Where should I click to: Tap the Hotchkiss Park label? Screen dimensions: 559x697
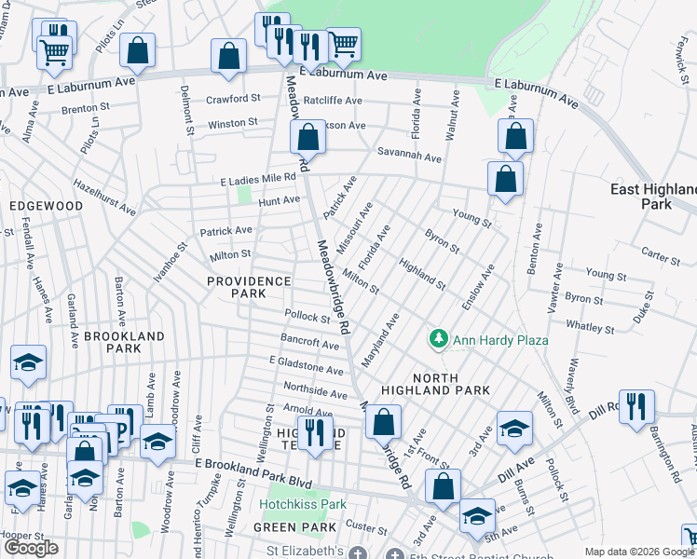[x=303, y=504]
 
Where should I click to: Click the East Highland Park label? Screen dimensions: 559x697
[x=653, y=196]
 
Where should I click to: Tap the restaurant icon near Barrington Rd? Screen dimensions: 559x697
[x=636, y=408]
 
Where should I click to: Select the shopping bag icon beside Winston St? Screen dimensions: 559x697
[x=307, y=138]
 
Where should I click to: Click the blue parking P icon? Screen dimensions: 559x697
[x=125, y=422]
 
